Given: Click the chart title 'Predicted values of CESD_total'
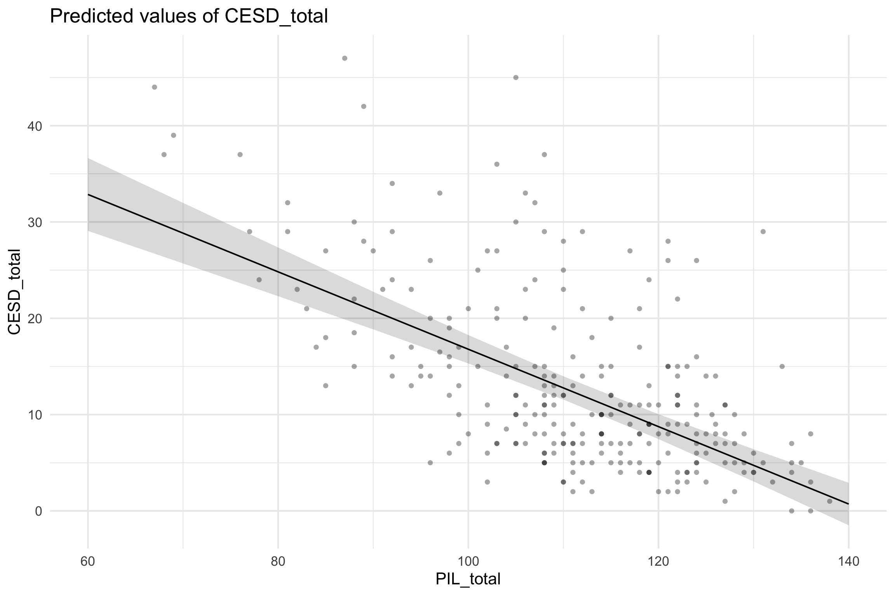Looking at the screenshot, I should point(189,16).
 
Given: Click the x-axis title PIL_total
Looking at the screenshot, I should point(468,579).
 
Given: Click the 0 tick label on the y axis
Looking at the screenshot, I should point(38,511).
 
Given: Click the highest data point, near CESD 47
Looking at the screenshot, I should point(345,58).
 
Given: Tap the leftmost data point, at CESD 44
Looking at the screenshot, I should point(154,87).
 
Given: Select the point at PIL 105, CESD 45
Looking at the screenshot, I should point(516,77).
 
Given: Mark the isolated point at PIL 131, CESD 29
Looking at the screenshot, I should point(763,232).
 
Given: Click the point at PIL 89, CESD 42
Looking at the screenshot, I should point(364,106).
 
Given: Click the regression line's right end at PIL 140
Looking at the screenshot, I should point(848,504).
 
